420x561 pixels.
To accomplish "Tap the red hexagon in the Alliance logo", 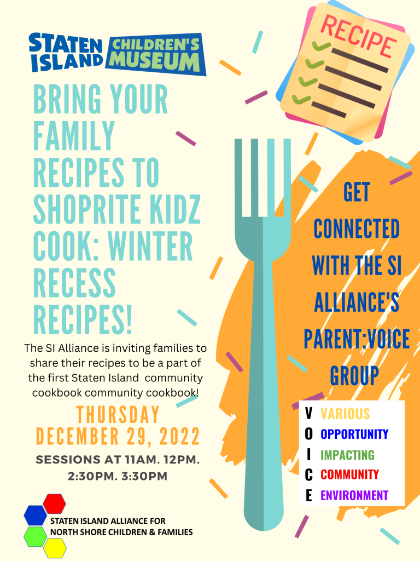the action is click(x=54, y=504).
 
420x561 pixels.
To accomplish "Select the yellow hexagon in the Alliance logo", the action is click(x=55, y=548).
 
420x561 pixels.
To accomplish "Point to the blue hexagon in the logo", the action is click(x=36, y=515).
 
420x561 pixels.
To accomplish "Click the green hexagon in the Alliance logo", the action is click(x=36, y=537).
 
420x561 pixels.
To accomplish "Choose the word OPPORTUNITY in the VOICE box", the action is click(x=354, y=434).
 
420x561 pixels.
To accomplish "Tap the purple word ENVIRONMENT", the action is click(x=354, y=495).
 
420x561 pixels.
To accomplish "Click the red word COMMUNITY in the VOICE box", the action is click(x=349, y=474).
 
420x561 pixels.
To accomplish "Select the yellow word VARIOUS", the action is click(x=345, y=414).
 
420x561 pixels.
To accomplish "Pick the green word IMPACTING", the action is click(x=347, y=455).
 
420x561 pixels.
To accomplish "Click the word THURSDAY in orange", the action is click(x=118, y=415).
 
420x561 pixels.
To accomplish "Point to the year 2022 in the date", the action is click(x=179, y=437).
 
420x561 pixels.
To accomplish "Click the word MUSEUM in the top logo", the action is click(x=154, y=62).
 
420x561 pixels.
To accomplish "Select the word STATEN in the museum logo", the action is click(x=66, y=43).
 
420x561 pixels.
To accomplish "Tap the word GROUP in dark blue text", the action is click(x=354, y=376).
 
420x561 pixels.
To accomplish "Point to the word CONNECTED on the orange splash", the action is click(x=357, y=229).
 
